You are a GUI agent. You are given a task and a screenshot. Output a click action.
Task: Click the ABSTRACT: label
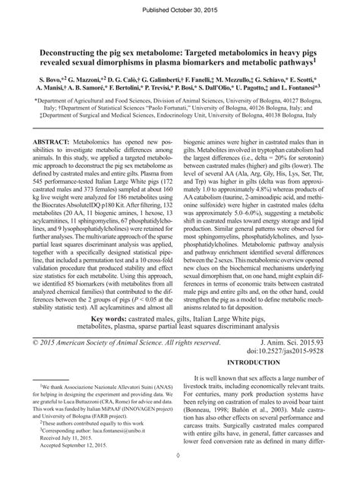pos(63,141)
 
